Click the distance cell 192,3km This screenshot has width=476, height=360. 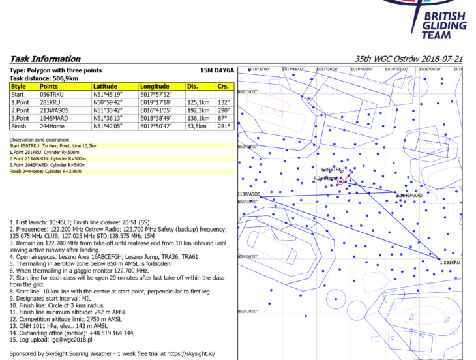tap(199, 110)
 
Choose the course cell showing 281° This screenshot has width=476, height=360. tap(224, 126)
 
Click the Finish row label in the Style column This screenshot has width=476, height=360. tap(20, 126)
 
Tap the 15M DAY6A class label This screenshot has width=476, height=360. tap(216, 69)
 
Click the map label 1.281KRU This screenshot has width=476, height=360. tap(450, 262)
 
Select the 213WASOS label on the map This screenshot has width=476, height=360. tap(248, 194)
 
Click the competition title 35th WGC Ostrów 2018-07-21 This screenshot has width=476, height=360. tap(408, 59)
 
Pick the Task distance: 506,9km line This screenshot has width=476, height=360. tap(44, 78)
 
